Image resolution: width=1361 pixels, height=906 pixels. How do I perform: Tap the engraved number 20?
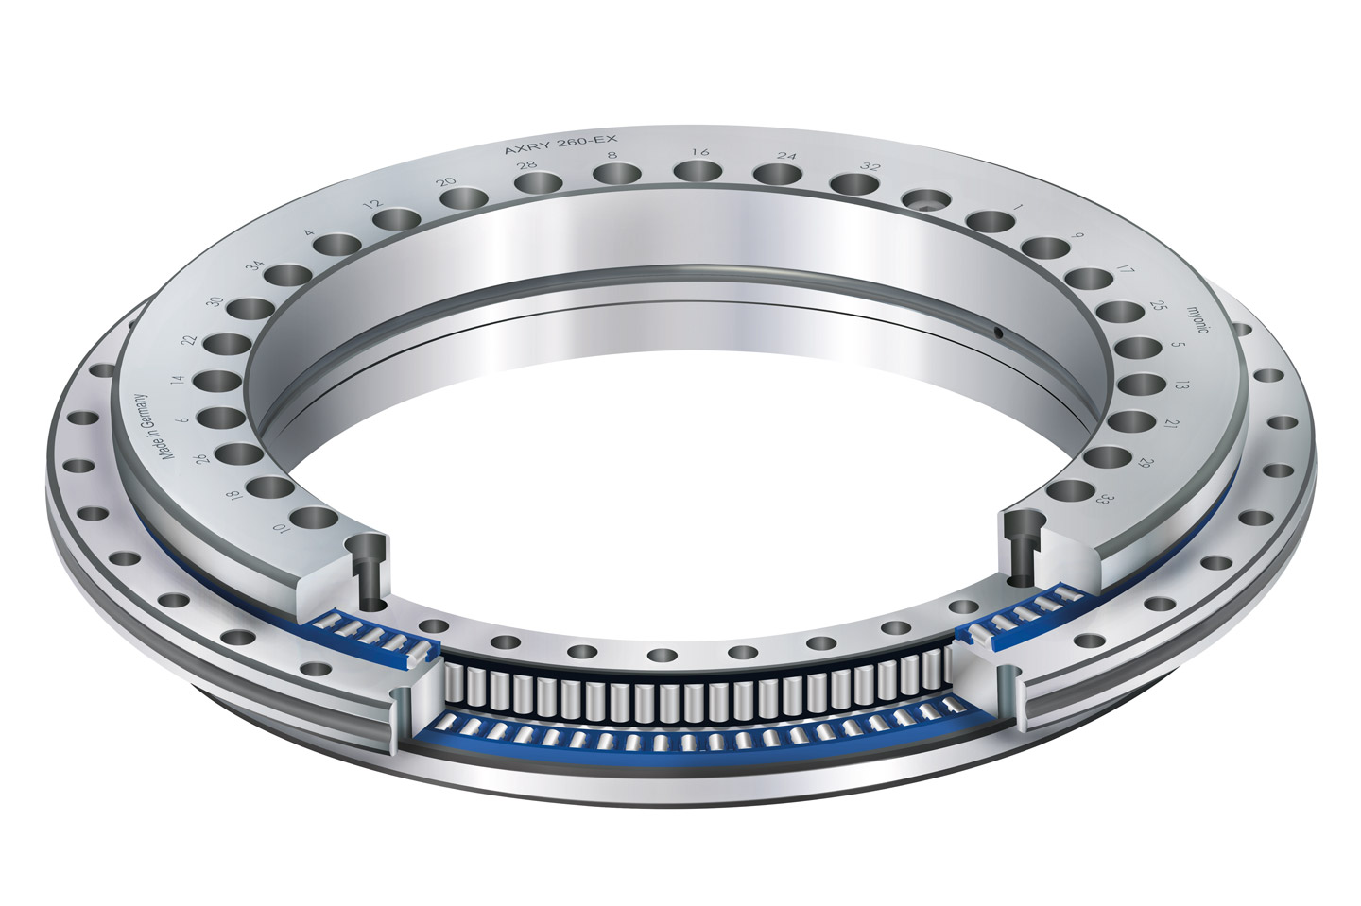pos(447,181)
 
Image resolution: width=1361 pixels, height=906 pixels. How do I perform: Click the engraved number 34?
pos(252,265)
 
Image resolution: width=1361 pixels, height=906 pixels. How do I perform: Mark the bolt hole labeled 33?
pos(1069,492)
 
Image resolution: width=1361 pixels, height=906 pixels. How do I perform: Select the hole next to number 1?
pos(991,222)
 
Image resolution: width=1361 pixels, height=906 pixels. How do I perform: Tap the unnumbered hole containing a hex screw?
pos(927,199)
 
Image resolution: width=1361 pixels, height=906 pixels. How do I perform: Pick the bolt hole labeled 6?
pos(218,417)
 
